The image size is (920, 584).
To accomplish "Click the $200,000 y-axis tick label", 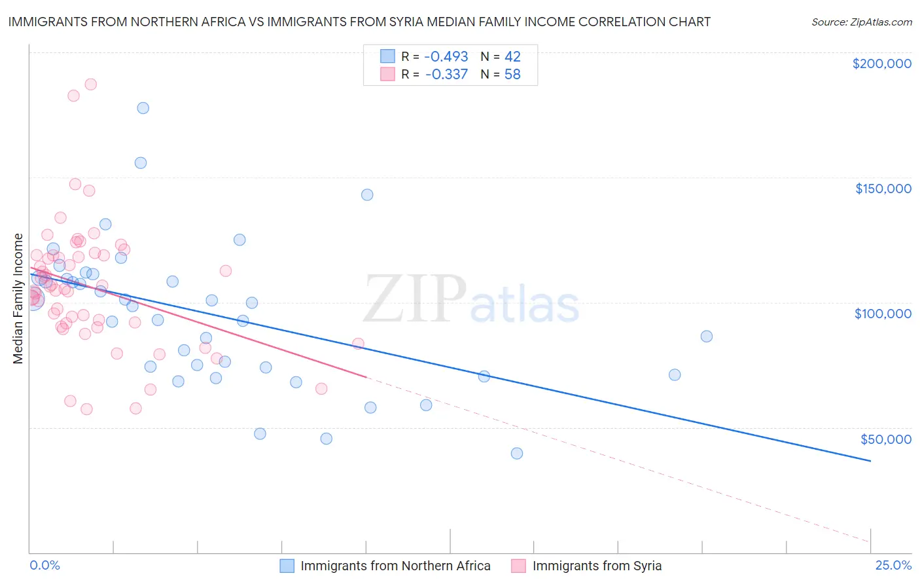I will (881, 64).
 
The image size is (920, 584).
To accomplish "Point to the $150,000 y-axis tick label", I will (883, 189).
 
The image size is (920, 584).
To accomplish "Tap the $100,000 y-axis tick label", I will (883, 314).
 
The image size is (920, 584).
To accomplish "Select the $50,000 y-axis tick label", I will (885, 439).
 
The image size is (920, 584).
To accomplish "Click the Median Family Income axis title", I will (18, 299).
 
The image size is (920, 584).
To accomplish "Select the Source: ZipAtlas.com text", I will (861, 22).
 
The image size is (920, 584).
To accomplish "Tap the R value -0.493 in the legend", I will (446, 57).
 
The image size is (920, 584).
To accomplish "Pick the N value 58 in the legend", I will (512, 75).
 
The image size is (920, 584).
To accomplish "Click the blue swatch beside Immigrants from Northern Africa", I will (287, 566).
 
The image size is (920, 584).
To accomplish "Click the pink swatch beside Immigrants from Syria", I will (518, 566).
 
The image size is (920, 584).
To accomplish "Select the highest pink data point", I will (91, 84).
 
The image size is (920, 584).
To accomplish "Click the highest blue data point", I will (143, 108).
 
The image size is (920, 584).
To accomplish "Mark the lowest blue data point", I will (517, 453).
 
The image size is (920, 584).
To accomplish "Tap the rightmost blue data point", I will (707, 337).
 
